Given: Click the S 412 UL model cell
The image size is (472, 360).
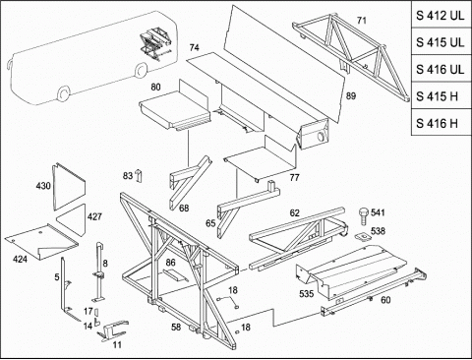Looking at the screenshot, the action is click(442, 15).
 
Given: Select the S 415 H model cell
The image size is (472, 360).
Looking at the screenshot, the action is click(442, 96).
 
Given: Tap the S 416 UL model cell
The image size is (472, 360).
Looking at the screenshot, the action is click(442, 69).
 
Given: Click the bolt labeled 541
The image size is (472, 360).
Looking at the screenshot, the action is click(363, 215).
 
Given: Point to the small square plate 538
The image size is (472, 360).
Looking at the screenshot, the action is click(362, 236).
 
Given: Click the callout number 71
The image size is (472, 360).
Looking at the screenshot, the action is click(361, 21).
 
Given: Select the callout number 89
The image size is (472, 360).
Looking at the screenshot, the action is click(351, 96).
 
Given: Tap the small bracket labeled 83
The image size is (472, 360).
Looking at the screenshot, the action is click(138, 175).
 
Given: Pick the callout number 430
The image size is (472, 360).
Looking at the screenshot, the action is click(43, 186).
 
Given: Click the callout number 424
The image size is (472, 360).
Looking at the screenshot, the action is click(20, 260).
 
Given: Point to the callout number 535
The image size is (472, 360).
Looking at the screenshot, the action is click(306, 294).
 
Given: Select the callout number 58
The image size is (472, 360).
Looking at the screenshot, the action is click(176, 327).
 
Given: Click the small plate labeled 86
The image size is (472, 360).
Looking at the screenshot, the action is click(175, 274).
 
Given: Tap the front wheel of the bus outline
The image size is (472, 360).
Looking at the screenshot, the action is click(64, 93).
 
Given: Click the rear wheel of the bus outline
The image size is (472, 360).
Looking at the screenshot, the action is click(141, 70).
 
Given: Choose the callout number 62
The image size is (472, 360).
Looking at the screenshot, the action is click(295, 213).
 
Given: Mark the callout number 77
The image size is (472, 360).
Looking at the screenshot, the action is click(294, 177).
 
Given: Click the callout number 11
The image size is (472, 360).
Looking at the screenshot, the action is click(117, 344).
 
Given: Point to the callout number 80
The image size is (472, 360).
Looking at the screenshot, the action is click(155, 87).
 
